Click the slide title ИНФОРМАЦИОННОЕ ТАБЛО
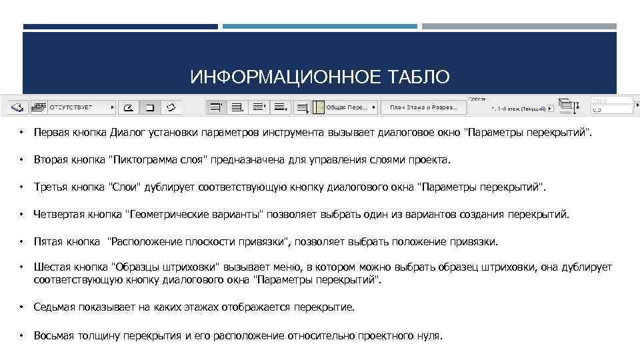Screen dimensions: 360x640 (x=320, y=77)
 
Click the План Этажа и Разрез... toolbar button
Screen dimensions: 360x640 (x=423, y=107)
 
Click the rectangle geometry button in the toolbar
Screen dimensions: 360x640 (x=150, y=107)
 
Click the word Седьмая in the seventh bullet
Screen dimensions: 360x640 (x=55, y=307)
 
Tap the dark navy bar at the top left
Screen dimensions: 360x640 (x=120, y=27)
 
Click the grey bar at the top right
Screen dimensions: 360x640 (x=519, y=27)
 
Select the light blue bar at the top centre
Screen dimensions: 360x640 (x=319, y=27)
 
